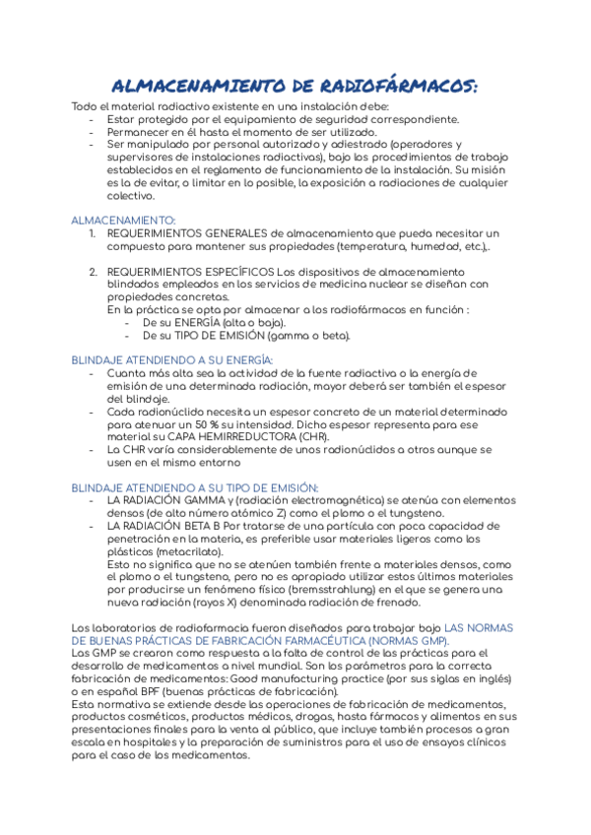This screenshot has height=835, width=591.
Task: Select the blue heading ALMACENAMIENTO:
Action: (x=124, y=220)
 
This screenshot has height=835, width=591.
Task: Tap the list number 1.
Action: (x=92, y=232)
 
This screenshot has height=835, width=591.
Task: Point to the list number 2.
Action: (x=92, y=271)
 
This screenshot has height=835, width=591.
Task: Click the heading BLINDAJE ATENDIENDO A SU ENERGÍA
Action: (x=171, y=360)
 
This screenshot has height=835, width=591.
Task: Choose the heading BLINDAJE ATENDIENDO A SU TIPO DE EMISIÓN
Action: (x=194, y=487)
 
